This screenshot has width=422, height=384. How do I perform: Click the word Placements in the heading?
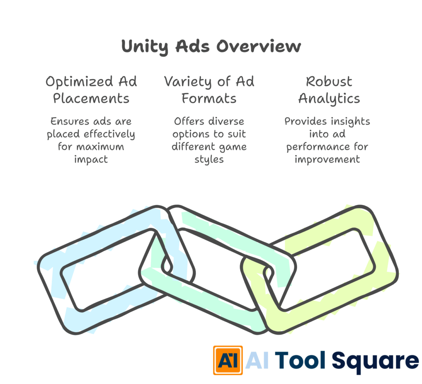pos(91,99)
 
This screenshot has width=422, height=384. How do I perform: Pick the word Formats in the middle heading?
pos(209,99)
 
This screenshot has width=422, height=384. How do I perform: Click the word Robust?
pos(329,82)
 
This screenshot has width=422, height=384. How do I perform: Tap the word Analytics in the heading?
pos(329,99)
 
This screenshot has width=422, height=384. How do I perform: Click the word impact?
pos(91,159)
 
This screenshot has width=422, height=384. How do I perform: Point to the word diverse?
pos(226,122)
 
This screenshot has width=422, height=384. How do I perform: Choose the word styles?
pos(209,159)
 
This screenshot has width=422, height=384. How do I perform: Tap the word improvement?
pos(327,159)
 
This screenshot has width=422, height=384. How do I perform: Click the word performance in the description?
pos(317,146)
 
